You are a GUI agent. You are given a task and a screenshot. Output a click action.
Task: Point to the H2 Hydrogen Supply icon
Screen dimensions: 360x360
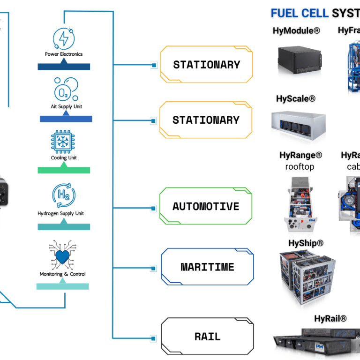point(64,195)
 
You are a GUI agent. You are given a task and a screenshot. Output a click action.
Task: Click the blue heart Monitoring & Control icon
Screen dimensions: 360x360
point(63,256)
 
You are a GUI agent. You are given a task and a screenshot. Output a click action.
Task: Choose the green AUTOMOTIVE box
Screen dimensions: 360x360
point(206,207)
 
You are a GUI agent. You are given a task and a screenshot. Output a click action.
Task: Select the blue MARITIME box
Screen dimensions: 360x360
point(207,267)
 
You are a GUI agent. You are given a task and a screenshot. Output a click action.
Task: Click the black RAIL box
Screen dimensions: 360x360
point(207,337)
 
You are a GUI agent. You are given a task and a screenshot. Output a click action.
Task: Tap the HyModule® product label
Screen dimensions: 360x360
point(296,31)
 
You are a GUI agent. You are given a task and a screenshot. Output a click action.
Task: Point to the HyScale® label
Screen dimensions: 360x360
point(295,98)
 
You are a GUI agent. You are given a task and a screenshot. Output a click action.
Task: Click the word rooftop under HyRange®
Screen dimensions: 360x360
point(300,166)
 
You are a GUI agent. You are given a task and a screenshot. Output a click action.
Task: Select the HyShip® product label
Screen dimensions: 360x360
point(306,243)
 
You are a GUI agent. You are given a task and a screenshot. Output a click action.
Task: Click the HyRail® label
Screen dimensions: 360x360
point(330,319)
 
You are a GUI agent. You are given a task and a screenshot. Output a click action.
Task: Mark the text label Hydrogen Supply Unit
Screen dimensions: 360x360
point(61,214)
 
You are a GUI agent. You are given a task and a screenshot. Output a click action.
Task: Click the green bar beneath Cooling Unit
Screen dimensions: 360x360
point(64,170)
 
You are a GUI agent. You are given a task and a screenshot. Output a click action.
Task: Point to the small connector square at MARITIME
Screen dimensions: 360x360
point(153,269)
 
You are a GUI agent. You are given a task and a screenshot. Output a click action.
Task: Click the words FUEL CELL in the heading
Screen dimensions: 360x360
point(300,13)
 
